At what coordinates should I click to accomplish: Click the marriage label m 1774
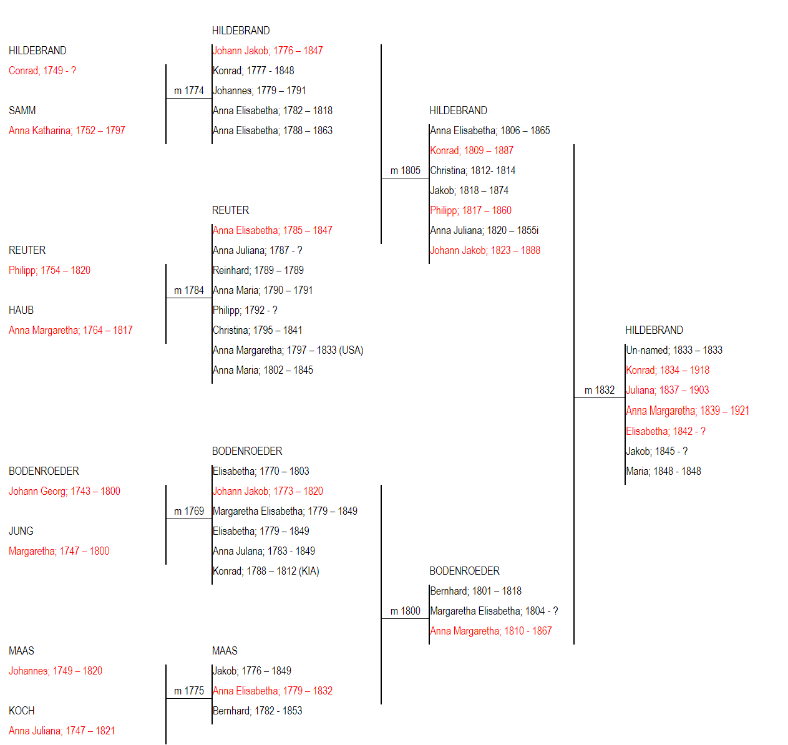(189, 90)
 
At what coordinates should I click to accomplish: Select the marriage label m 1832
(599, 390)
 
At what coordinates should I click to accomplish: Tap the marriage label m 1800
(405, 611)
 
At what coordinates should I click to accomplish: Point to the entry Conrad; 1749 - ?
(42, 71)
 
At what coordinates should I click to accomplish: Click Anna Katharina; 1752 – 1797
(67, 130)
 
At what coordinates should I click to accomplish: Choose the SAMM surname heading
(22, 110)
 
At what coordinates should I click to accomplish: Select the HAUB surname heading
(21, 310)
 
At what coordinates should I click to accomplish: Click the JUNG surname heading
(21, 531)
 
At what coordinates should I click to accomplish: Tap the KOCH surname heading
(22, 711)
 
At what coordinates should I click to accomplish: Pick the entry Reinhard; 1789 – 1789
(258, 270)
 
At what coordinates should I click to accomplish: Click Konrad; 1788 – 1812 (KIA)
(266, 571)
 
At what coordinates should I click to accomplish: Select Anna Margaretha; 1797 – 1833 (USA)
(288, 351)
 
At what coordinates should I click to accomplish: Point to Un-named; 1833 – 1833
(674, 351)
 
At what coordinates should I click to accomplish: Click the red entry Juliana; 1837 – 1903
(668, 390)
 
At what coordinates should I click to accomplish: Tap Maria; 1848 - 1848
(663, 471)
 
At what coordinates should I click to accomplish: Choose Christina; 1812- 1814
(472, 171)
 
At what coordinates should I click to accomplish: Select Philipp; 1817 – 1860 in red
(470, 210)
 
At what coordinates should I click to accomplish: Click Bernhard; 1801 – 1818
(476, 591)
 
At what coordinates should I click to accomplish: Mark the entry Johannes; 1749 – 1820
(56, 671)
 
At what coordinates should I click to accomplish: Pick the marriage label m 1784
(189, 290)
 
